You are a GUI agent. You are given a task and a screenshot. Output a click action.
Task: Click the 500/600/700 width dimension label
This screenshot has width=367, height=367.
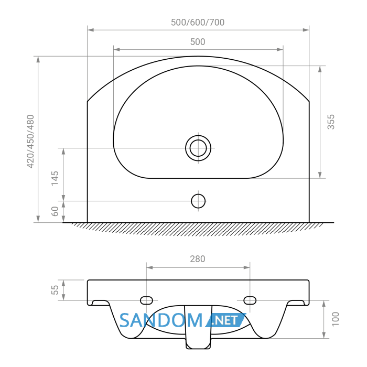[198, 23]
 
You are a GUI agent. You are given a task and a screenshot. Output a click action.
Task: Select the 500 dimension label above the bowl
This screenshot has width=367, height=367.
[198, 42]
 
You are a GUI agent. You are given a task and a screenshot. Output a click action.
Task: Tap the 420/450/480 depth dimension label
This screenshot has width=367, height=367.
[30, 142]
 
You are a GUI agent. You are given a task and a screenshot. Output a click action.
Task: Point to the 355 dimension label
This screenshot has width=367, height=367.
[331, 122]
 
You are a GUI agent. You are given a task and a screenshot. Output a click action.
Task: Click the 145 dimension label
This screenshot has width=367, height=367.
[55, 178]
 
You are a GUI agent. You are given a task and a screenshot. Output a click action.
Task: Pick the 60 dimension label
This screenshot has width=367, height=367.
[55, 211]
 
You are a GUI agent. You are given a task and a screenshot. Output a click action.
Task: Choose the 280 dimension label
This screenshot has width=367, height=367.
[198, 259]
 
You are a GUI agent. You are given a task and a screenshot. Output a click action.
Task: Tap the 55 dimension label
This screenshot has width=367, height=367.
[55, 290]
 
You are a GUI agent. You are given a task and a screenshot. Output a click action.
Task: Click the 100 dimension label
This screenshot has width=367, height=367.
[336, 319]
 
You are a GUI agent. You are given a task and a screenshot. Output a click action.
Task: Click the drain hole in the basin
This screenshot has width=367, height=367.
[198, 148]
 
